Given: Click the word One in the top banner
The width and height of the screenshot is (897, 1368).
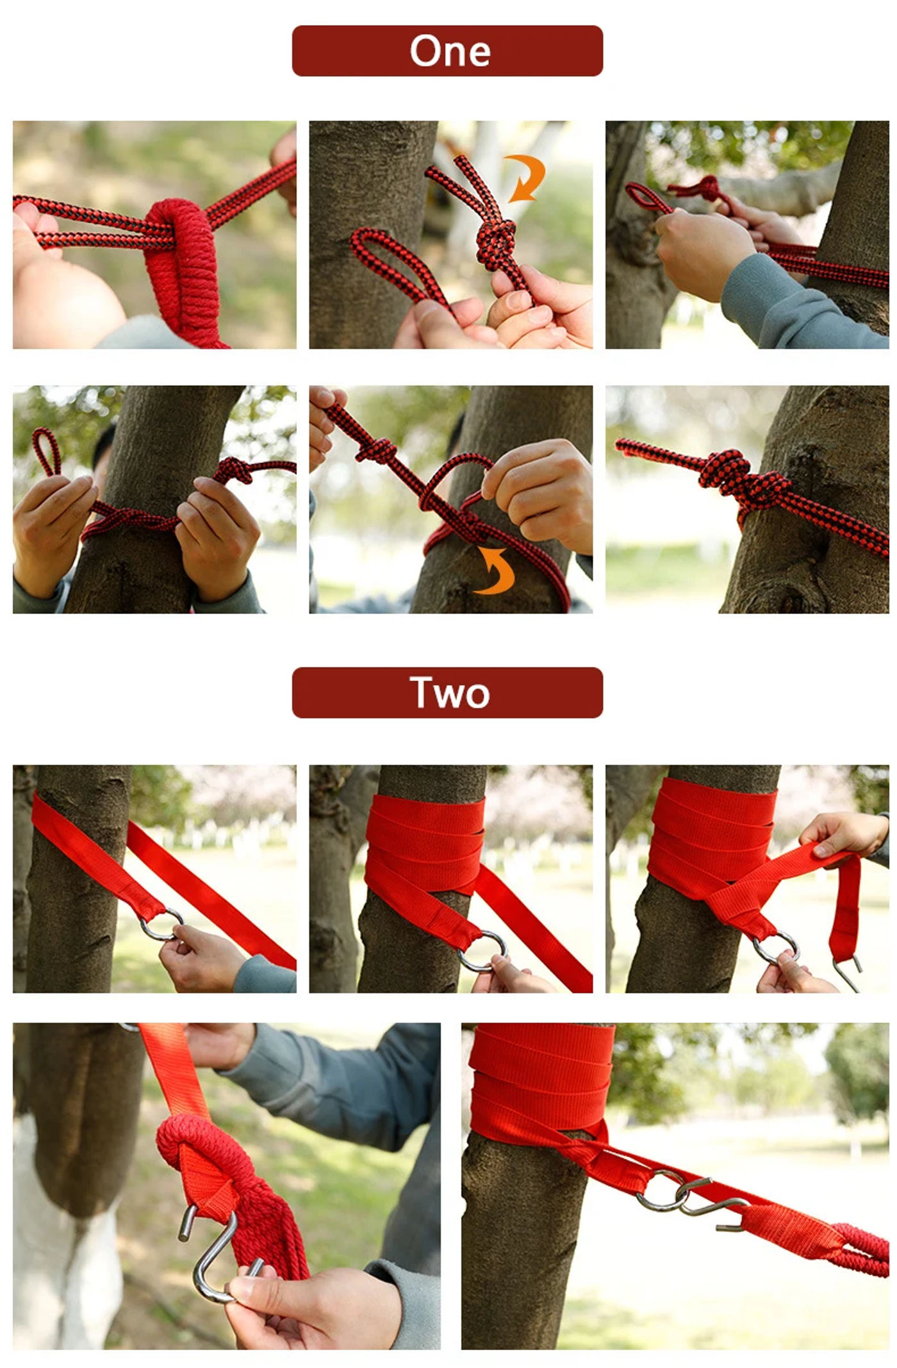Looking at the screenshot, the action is click(450, 51).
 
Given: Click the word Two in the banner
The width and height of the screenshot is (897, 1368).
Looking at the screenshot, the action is click(450, 693).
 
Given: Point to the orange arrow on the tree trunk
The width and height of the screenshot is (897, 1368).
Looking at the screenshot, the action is click(495, 570).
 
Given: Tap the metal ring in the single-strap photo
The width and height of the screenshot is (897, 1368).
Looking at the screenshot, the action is click(161, 924).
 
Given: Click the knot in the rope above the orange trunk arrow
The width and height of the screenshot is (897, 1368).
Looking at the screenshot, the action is click(377, 451).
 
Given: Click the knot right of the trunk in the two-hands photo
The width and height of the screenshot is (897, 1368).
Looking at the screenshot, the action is click(235, 471).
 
